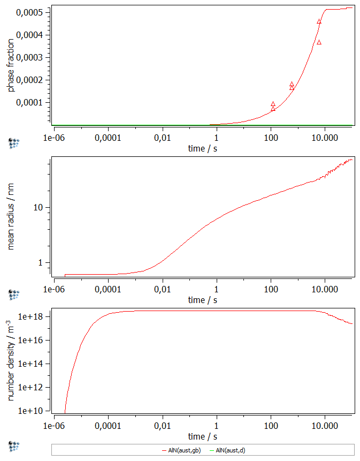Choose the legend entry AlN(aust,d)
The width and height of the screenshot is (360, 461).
click(x=230, y=451)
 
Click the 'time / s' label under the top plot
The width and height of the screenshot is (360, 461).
click(x=203, y=148)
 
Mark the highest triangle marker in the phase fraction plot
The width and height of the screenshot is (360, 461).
click(x=319, y=21)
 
